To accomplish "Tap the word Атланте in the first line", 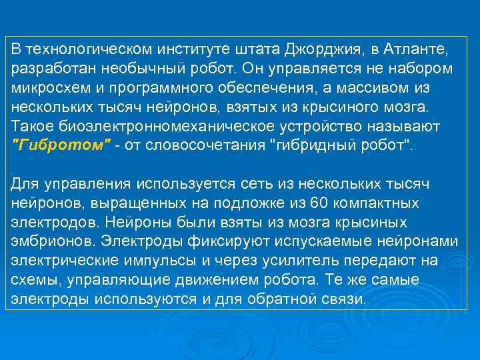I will pos(419,49).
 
